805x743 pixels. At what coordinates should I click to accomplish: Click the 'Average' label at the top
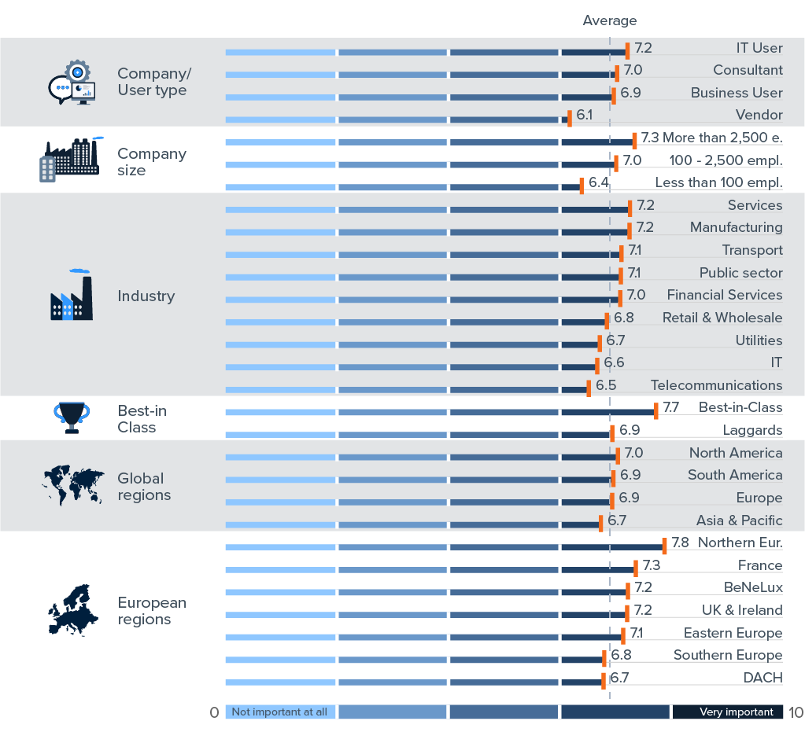pyautogui.click(x=609, y=20)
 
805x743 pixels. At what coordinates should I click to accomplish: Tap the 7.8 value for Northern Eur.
pyautogui.click(x=680, y=543)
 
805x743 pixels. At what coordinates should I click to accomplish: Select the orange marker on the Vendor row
pyautogui.click(x=570, y=120)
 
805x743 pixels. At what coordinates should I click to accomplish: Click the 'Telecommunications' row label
pyautogui.click(x=716, y=385)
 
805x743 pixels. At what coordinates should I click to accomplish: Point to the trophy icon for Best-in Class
pyautogui.click(x=72, y=417)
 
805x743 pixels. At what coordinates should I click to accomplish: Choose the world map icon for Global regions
pyautogui.click(x=72, y=486)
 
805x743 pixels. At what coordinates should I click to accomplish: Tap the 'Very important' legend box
pyautogui.click(x=727, y=712)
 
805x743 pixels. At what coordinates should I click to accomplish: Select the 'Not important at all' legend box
pyautogui.click(x=280, y=712)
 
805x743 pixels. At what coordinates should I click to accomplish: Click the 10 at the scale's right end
pyautogui.click(x=795, y=713)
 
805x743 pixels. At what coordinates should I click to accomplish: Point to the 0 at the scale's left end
pyautogui.click(x=214, y=713)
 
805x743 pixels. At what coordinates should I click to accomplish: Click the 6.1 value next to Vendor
pyautogui.click(x=584, y=115)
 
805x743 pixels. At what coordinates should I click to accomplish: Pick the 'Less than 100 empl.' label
pyautogui.click(x=718, y=182)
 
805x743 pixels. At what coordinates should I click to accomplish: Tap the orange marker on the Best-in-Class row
pyautogui.click(x=656, y=411)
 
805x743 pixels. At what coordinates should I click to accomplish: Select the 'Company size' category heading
pyautogui.click(x=151, y=162)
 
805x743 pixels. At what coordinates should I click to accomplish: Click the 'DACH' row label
pyautogui.click(x=763, y=678)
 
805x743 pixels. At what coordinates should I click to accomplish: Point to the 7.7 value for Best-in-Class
pyautogui.click(x=670, y=407)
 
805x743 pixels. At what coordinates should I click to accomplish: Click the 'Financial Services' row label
pyautogui.click(x=724, y=295)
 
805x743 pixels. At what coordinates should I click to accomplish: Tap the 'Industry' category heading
pyautogui.click(x=146, y=296)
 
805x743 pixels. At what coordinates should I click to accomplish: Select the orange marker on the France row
pyautogui.click(x=636, y=569)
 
